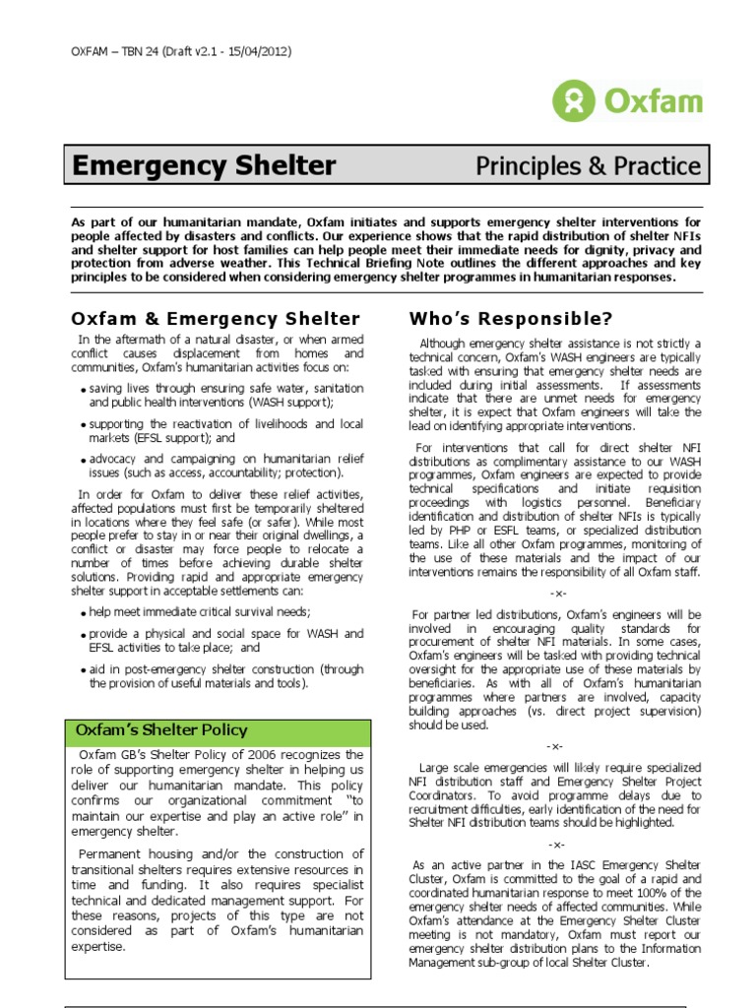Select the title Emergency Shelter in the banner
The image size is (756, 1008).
click(205, 166)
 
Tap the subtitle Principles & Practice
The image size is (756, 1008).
click(589, 166)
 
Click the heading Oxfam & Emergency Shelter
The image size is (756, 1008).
click(217, 318)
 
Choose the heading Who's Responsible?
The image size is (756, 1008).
click(510, 318)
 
